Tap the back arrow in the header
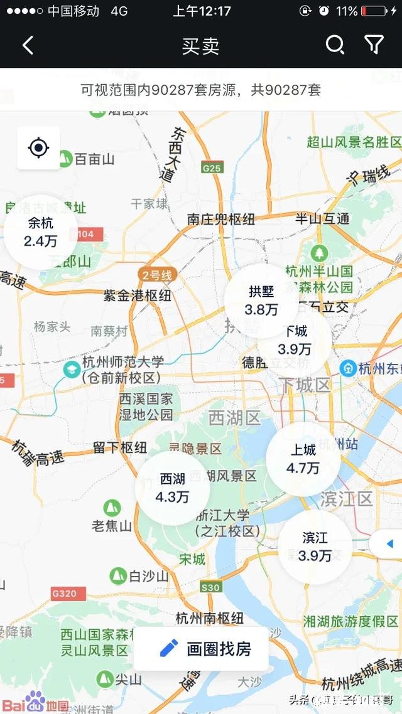point(28,45)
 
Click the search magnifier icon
point(335,45)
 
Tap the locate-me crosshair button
point(38,148)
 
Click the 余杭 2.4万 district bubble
point(41,232)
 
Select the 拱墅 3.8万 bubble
point(261,301)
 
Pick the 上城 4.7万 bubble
point(303,459)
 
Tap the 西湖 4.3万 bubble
point(172,488)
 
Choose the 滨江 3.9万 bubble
point(315,546)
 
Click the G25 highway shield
point(212,168)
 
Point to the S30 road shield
point(211,587)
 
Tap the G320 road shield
point(64,594)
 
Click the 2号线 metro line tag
point(156,275)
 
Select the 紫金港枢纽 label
point(137,296)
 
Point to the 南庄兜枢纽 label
point(221,219)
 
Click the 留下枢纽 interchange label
point(120,447)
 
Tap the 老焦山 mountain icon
point(112,506)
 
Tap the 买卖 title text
point(200,46)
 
